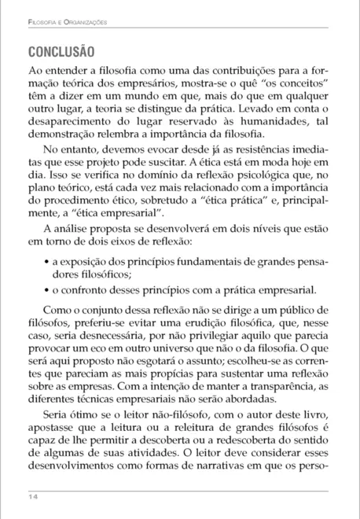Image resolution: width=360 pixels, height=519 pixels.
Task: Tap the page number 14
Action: click(31, 497)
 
